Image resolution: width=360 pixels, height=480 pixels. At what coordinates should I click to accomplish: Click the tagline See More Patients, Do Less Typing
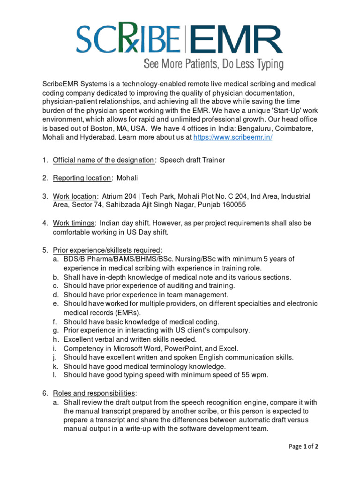pyautogui.click(x=213, y=64)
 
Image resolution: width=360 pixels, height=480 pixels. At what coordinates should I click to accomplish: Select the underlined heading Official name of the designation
pyautogui.click(x=103, y=160)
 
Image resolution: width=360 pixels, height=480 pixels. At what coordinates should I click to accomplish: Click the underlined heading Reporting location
pyautogui.click(x=82, y=178)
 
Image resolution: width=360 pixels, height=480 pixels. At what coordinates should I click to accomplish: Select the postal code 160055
pyautogui.click(x=232, y=205)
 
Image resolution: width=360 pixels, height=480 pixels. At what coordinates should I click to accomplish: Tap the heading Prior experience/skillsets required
pyautogui.click(x=107, y=250)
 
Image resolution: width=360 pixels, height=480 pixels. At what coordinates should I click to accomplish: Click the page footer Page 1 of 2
pyautogui.click(x=303, y=446)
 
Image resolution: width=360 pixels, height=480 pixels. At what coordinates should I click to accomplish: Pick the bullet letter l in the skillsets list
pyautogui.click(x=54, y=375)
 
